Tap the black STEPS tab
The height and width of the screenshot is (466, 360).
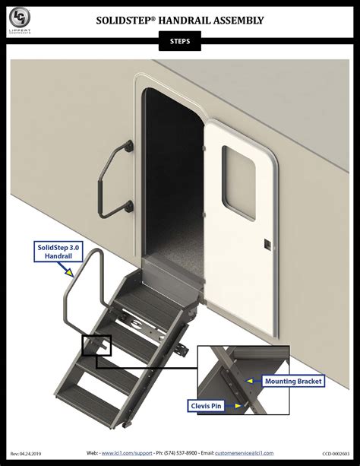point(180,43)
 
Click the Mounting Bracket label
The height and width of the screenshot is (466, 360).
point(293,381)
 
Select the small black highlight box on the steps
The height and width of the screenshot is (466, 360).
point(96,347)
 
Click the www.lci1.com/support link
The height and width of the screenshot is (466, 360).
point(127,452)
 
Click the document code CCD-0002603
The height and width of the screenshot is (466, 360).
point(333,453)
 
